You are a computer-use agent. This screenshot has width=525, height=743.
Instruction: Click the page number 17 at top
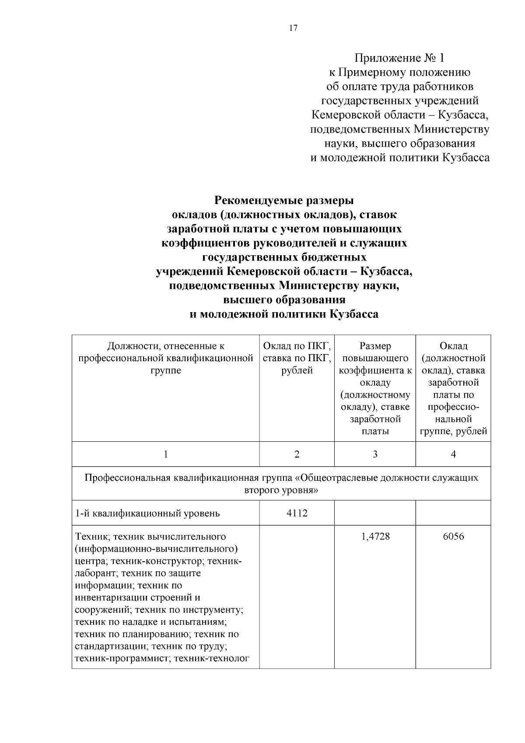coord(293,28)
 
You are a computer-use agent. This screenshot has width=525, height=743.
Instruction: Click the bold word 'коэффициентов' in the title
coord(204,243)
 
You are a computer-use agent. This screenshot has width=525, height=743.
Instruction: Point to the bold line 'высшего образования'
coord(284,300)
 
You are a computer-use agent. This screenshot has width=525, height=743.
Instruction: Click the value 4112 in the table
coord(297,513)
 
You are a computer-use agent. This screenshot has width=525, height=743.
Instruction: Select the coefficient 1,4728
coord(375,536)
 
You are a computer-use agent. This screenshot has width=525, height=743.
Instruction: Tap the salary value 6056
coord(453,536)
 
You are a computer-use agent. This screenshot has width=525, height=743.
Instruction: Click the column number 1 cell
coord(165,454)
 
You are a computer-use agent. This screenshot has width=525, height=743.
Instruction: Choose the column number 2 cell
coord(297,454)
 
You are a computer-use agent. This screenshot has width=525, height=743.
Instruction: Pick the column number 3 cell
coord(375,454)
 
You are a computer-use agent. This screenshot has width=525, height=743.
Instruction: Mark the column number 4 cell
coord(453,454)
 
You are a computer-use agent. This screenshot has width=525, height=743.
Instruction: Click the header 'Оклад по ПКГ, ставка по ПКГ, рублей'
coord(297,358)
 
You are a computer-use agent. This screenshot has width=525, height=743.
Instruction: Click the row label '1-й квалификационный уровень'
coord(147,513)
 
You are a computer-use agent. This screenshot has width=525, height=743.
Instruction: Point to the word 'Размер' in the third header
coord(375,346)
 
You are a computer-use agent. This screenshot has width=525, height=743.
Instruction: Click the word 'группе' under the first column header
coord(165,370)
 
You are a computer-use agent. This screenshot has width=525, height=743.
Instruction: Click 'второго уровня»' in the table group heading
coord(281,490)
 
